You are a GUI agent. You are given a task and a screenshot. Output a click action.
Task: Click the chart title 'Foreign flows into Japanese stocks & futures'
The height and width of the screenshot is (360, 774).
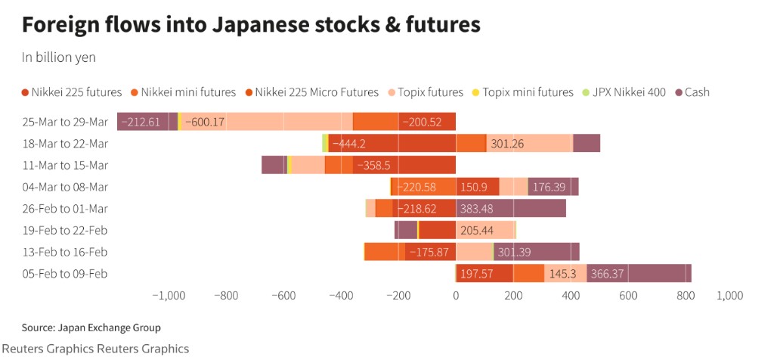pyautogui.click(x=251, y=25)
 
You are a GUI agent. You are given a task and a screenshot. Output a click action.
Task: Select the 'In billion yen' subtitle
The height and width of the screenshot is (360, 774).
pyautogui.click(x=58, y=57)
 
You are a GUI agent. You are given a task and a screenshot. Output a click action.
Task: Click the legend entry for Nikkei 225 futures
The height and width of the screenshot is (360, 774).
pyautogui.click(x=72, y=92)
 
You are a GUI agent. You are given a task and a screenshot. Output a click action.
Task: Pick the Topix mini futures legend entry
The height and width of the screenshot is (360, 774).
pyautogui.click(x=522, y=92)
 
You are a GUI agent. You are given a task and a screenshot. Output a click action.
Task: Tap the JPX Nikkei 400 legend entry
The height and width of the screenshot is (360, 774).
pyautogui.click(x=624, y=92)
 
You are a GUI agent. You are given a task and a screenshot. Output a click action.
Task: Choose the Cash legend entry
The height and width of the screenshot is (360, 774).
pyautogui.click(x=692, y=92)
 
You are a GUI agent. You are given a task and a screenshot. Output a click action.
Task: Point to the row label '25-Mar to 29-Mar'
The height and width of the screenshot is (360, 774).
pyautogui.click(x=66, y=122)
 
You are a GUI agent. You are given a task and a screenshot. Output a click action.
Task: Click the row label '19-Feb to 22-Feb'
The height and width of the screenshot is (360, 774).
pyautogui.click(x=66, y=230)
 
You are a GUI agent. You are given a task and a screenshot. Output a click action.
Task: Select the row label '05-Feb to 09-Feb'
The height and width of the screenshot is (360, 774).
pyautogui.click(x=66, y=273)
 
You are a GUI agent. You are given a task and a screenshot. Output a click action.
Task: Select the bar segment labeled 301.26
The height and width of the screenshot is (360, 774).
pyautogui.click(x=529, y=144)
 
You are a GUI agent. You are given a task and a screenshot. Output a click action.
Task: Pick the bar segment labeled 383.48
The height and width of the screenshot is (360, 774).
pyautogui.click(x=511, y=208)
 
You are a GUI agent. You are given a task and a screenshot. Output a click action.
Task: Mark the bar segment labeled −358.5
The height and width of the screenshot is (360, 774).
pyautogui.click(x=404, y=165)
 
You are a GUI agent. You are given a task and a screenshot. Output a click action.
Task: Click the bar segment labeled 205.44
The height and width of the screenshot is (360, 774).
pyautogui.click(x=485, y=230)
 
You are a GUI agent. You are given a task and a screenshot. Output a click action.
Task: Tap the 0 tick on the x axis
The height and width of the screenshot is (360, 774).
pyautogui.click(x=456, y=295)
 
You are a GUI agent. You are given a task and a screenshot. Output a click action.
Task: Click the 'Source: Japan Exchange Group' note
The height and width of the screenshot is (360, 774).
pyautogui.click(x=91, y=327)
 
